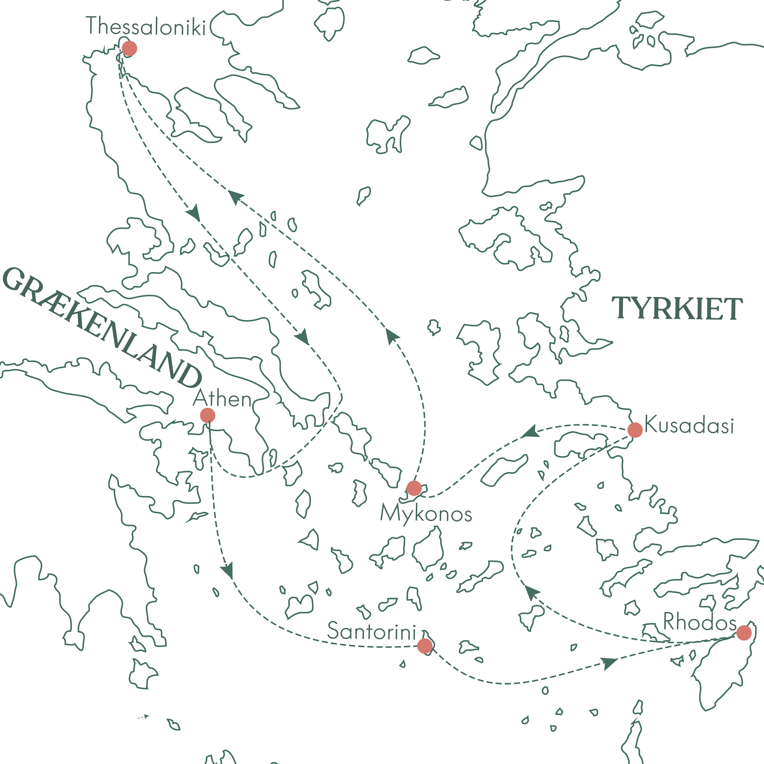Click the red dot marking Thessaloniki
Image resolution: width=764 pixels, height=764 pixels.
pos(129,48)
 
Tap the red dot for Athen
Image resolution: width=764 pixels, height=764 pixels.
pos(208,416)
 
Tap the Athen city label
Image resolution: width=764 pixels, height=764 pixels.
pos(222,399)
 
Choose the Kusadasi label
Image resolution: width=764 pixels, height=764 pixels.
pos(689,425)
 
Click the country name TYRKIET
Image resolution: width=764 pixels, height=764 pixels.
pos(677,309)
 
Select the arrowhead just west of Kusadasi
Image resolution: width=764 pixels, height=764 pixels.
pos(531,432)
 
